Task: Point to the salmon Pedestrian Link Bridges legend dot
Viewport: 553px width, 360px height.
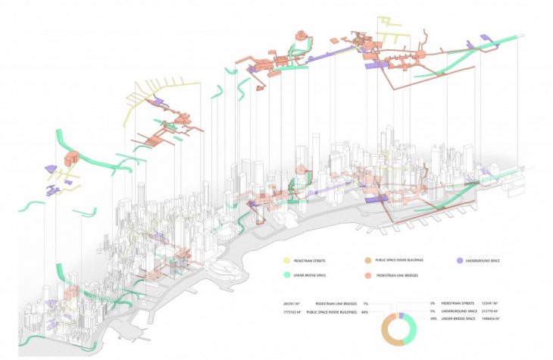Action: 366,274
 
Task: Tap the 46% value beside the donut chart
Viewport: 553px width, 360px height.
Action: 364,311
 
